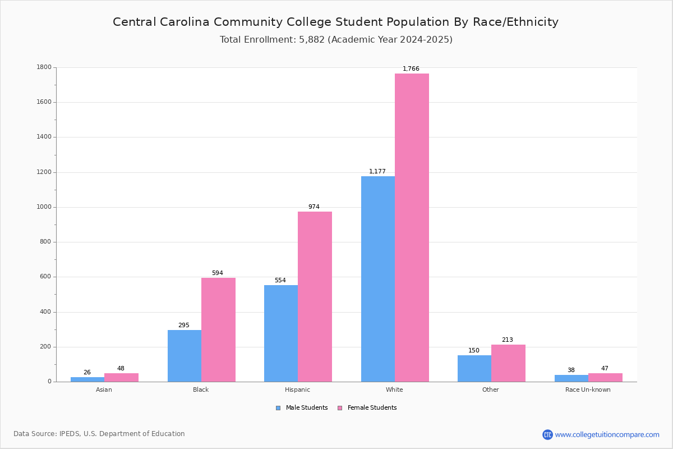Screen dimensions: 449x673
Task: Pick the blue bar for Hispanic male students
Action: point(281,333)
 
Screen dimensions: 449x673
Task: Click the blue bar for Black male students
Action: point(185,356)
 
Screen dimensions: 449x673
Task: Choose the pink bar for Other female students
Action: point(508,363)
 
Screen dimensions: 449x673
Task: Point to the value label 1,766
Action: point(411,69)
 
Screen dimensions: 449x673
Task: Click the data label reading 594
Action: point(218,273)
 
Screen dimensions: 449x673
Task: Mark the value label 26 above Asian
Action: point(87,373)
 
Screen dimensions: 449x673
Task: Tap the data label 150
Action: point(474,351)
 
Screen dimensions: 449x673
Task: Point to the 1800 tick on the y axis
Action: point(44,67)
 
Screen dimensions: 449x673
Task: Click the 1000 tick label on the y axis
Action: point(44,207)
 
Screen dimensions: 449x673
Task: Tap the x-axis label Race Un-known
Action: point(588,390)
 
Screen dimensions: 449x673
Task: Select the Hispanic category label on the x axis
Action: point(297,390)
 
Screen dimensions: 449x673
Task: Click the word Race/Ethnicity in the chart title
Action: point(515,22)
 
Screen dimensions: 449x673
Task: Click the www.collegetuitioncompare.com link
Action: point(607,434)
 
